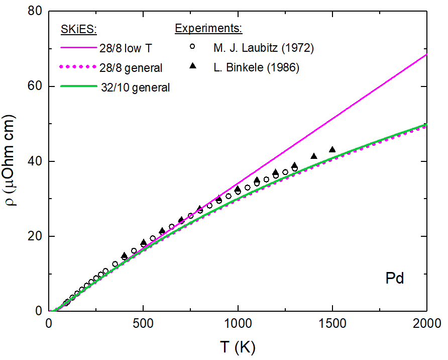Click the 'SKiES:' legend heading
coord(78,29)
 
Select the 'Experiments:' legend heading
coord(208,28)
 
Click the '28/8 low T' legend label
coord(126,48)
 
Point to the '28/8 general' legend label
coord(131,68)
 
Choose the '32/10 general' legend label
coord(135,87)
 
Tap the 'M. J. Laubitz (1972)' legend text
coord(264,48)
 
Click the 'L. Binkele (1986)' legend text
coord(256,67)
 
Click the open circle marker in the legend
coord(192,46)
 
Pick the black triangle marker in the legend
coord(193,66)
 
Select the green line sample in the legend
coord(79,86)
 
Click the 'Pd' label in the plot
coord(395,278)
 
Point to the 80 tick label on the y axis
coord(35,11)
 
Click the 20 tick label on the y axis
coord(35,236)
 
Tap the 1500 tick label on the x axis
coord(332,324)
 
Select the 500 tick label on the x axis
coord(143,324)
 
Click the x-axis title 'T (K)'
coord(238,347)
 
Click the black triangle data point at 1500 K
coord(332,149)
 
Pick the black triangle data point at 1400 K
coord(314,156)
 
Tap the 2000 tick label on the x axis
coord(427,324)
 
